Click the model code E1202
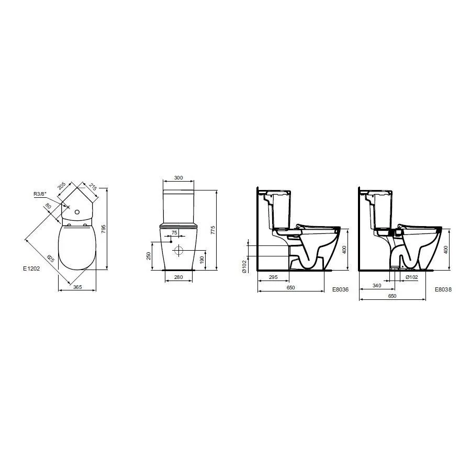[31, 268]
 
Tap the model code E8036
[340, 289]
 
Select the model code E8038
[443, 289]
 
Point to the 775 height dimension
[213, 230]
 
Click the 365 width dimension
[77, 287]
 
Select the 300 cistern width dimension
[178, 178]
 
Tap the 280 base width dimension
[178, 277]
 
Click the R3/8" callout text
[40, 194]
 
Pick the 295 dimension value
[273, 277]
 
